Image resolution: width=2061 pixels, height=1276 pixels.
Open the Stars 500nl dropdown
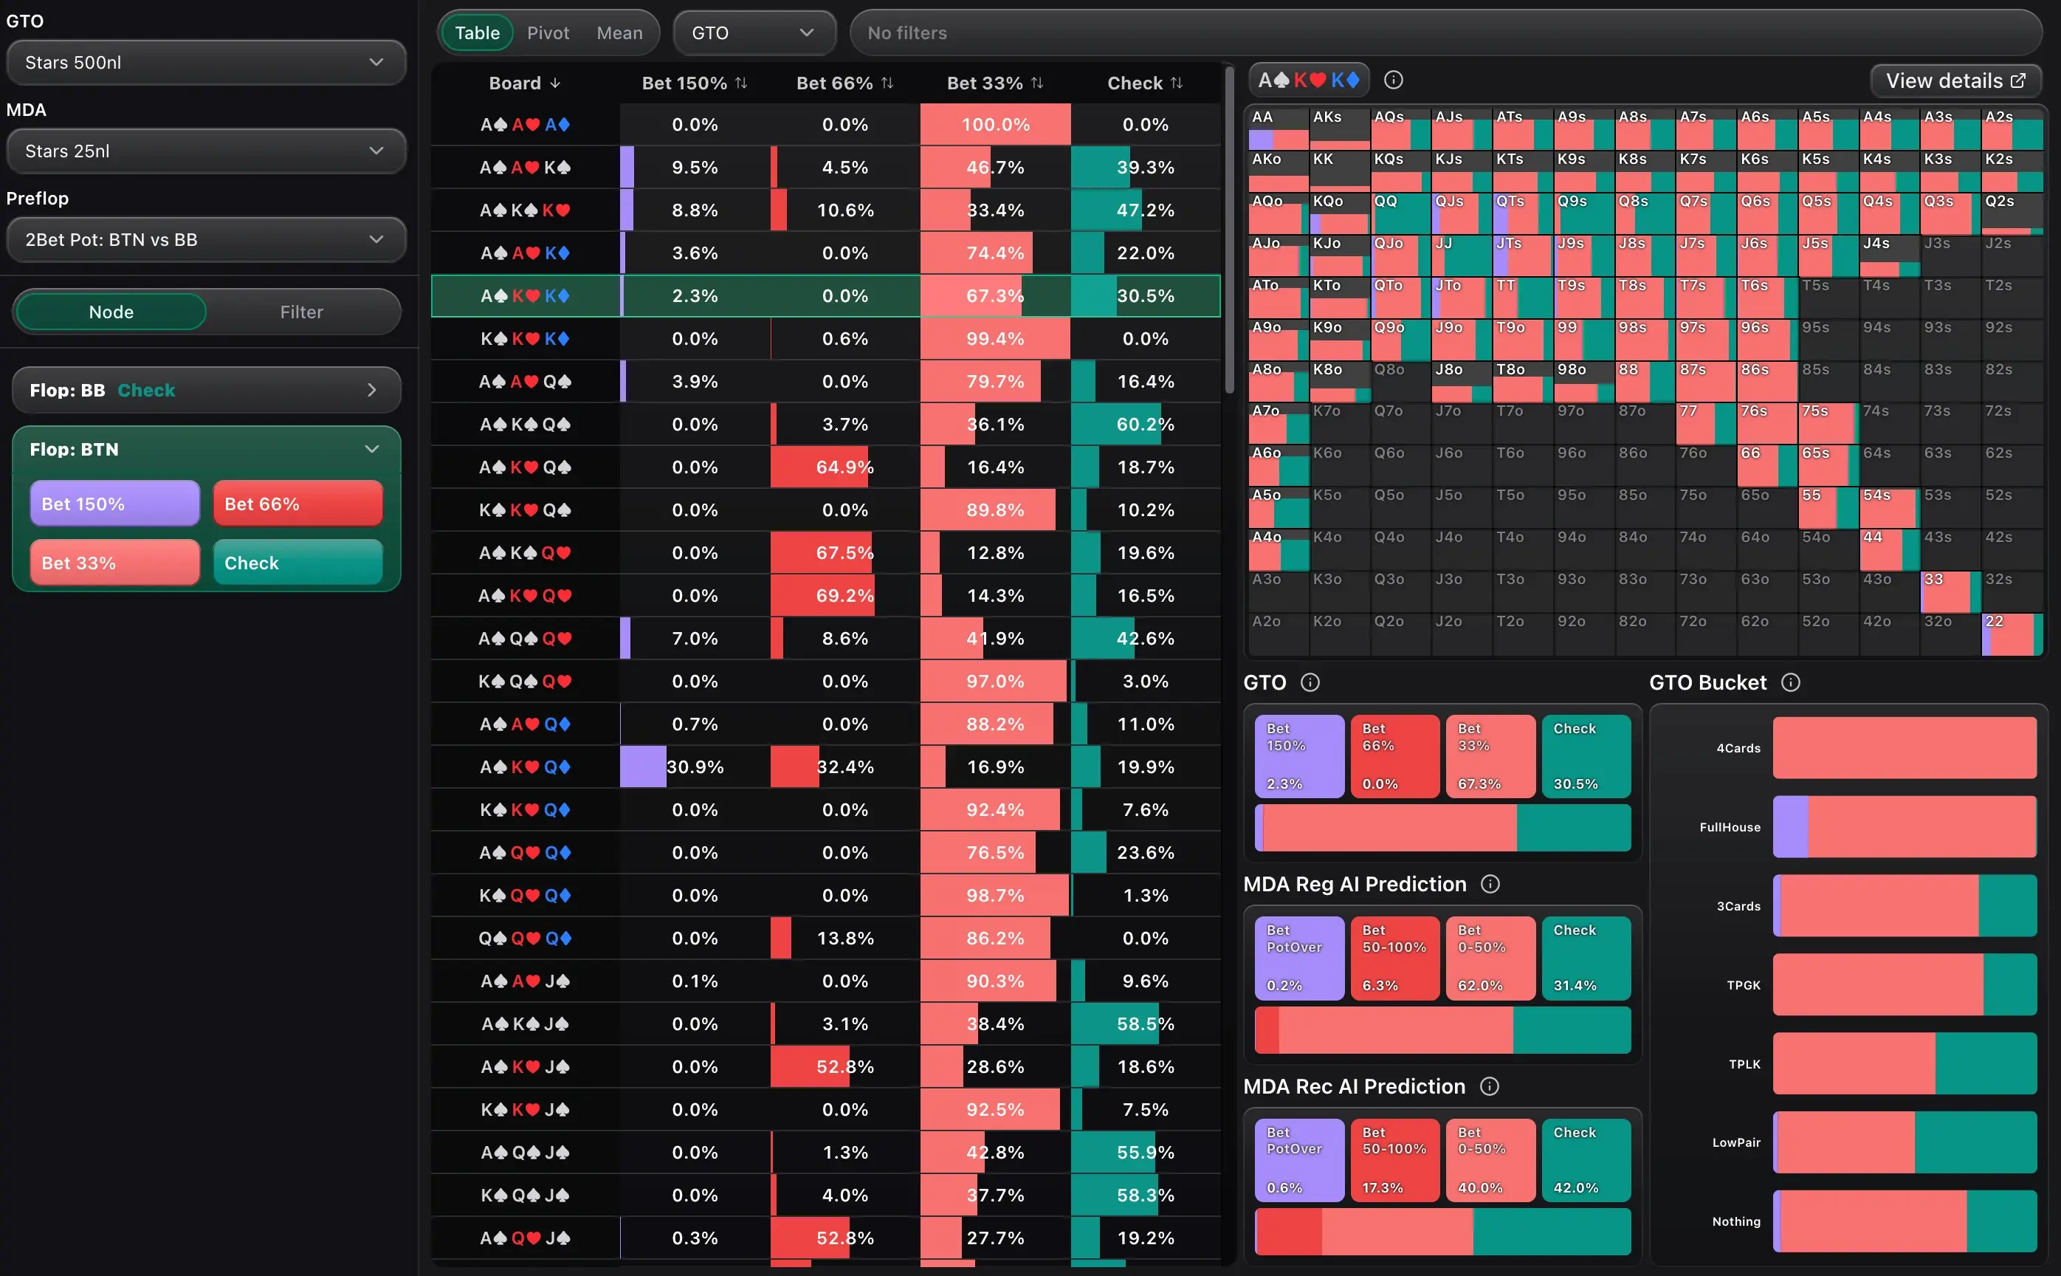(x=206, y=63)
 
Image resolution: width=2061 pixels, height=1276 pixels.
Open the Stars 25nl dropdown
(x=206, y=151)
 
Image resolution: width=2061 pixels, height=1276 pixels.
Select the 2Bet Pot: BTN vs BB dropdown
(x=206, y=240)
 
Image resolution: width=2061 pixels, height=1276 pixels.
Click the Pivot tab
(x=548, y=33)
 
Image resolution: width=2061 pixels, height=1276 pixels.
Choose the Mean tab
(x=619, y=33)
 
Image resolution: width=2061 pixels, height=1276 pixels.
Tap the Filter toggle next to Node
(x=301, y=312)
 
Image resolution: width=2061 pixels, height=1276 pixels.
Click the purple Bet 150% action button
(x=114, y=504)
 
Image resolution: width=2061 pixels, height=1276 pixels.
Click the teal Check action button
(x=297, y=563)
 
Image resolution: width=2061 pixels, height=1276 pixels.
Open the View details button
(x=1955, y=81)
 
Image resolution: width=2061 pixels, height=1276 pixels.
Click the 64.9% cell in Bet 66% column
(x=844, y=467)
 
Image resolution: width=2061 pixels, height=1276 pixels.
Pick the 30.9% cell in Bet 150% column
(x=695, y=767)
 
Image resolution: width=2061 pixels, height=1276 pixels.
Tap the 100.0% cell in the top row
(x=996, y=125)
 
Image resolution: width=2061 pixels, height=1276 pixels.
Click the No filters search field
(x=1446, y=33)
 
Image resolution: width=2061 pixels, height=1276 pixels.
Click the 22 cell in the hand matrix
(x=2012, y=634)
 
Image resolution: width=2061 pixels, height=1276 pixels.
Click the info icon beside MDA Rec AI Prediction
(x=1490, y=1086)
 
